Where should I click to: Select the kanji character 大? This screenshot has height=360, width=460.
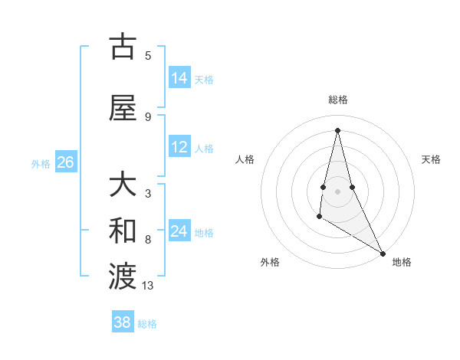click(123, 186)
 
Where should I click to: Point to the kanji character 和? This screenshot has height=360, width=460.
click(123, 230)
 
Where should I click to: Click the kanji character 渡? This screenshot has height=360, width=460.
click(123, 274)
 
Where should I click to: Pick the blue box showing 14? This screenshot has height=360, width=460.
click(179, 78)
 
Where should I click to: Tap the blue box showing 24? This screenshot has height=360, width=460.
click(179, 231)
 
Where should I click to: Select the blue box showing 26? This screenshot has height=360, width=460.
click(66, 162)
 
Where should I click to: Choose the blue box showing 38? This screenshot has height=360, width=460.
click(123, 322)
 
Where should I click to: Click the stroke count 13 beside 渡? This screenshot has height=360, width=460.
click(148, 286)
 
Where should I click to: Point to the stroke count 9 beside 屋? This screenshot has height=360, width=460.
click(148, 116)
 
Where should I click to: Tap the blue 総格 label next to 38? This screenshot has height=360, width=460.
click(147, 323)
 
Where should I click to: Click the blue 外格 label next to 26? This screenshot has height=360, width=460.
click(41, 163)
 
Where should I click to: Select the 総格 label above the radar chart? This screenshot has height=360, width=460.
click(338, 100)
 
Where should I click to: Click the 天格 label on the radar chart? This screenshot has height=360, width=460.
click(431, 159)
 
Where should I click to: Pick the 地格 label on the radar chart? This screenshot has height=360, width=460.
click(402, 262)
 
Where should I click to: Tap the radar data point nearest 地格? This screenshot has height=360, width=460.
click(384, 253)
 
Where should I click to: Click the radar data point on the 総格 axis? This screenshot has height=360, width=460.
click(337, 130)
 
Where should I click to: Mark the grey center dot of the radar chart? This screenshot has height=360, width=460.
click(337, 191)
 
